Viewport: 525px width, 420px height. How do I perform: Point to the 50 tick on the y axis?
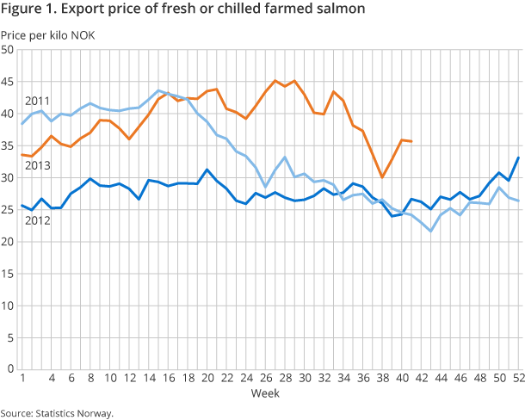[8, 50]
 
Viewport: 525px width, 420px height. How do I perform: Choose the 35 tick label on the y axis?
[8, 145]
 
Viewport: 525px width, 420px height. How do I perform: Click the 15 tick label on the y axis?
[8, 274]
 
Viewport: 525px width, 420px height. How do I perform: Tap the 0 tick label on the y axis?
[10, 369]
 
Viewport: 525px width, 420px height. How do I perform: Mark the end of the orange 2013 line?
[411, 141]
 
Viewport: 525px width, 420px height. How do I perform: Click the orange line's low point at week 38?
[382, 177]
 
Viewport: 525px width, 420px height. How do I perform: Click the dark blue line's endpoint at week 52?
[518, 157]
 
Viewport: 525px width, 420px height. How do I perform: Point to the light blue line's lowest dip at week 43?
[430, 231]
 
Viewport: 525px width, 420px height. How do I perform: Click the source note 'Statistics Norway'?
[75, 412]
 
